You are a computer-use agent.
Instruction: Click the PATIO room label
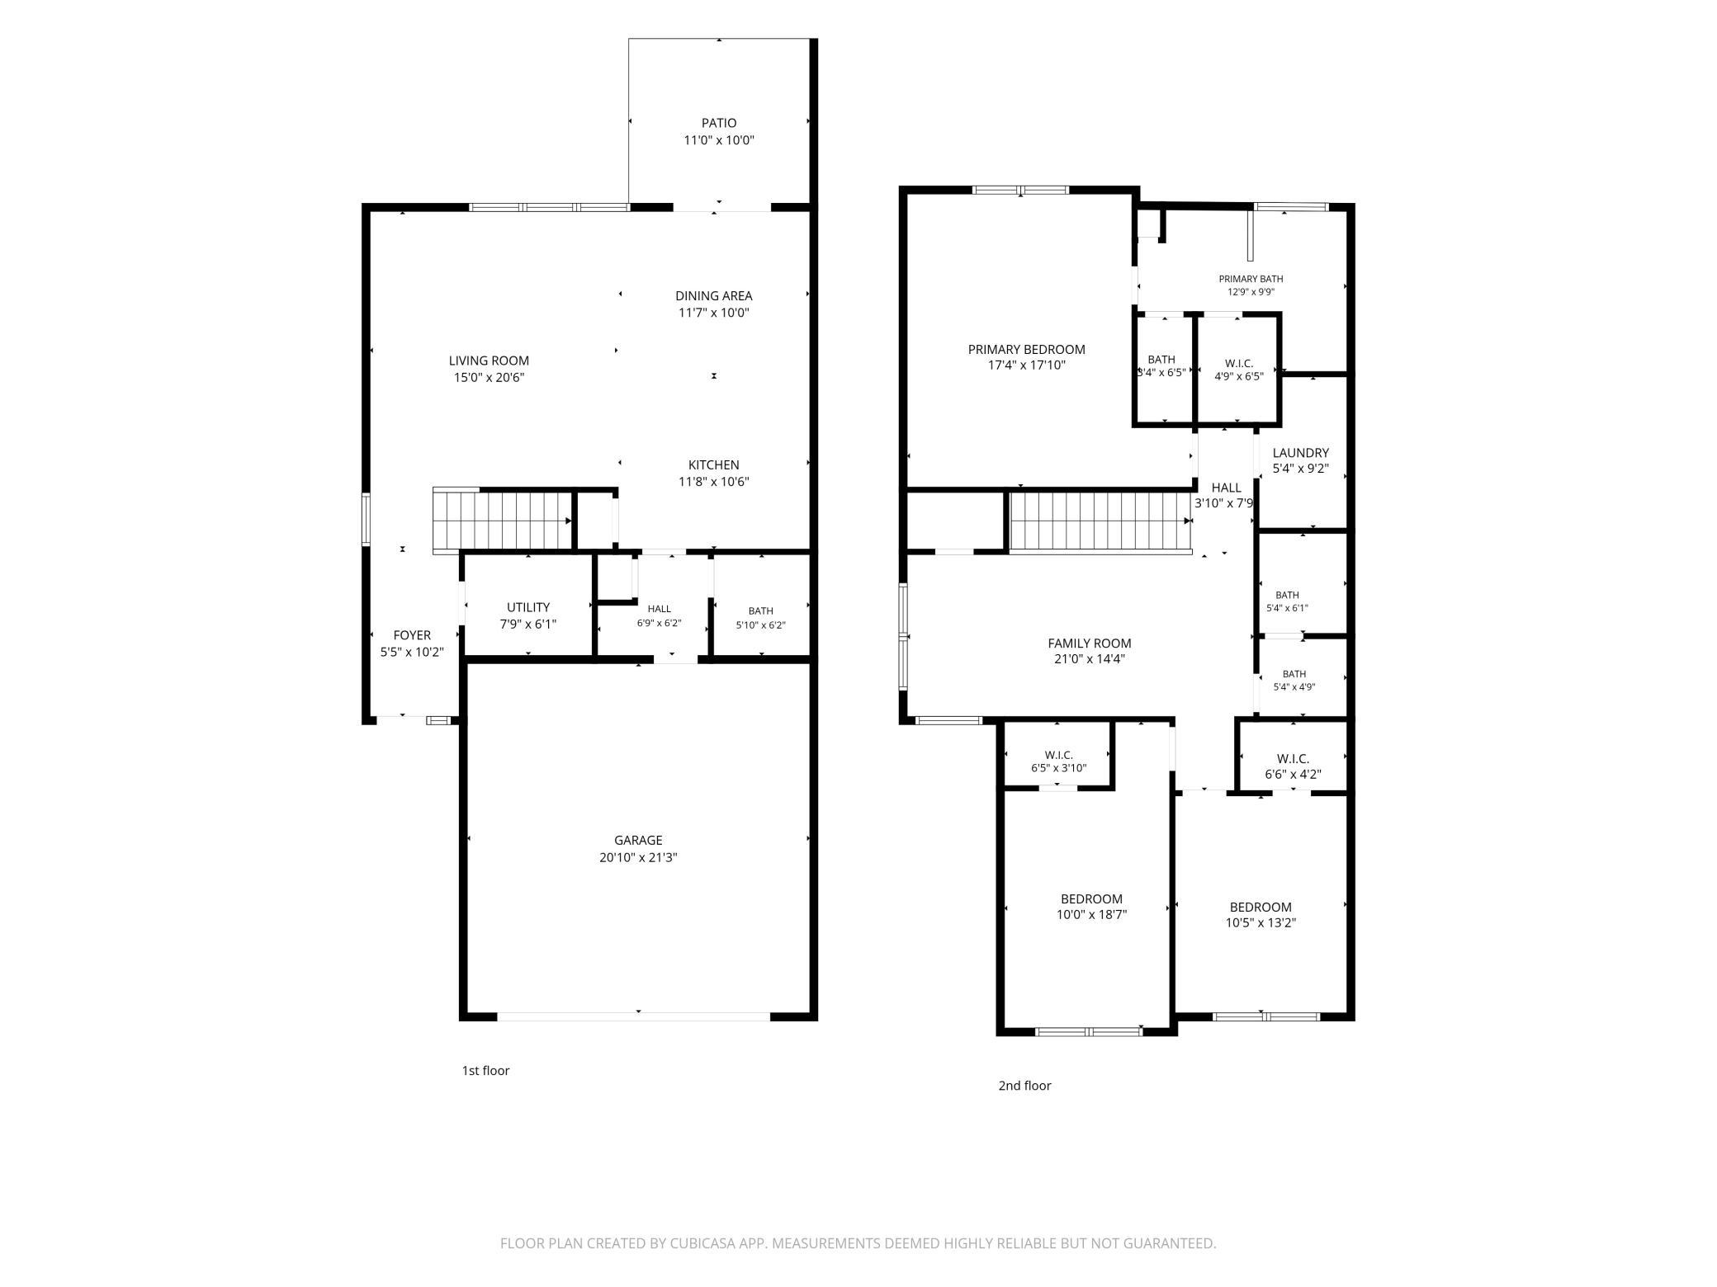click(x=719, y=123)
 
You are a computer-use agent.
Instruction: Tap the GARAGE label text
click(x=638, y=841)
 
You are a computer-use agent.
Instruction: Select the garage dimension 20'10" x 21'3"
click(x=638, y=858)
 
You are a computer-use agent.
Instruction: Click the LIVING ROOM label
click(x=489, y=361)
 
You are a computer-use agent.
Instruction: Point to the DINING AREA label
click(x=714, y=295)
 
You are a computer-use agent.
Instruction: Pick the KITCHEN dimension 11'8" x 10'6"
click(x=714, y=482)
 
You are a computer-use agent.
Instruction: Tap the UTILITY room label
click(x=528, y=607)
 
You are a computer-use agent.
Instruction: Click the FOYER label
click(x=412, y=635)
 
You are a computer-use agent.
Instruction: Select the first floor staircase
click(x=504, y=520)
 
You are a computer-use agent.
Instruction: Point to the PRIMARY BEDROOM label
click(x=1027, y=349)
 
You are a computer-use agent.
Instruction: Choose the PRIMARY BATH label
click(x=1251, y=279)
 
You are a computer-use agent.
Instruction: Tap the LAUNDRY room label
click(x=1301, y=453)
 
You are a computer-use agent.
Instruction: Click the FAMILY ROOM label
click(x=1090, y=643)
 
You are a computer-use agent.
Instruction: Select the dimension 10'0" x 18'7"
click(x=1092, y=914)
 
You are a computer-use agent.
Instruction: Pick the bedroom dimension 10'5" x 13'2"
click(x=1261, y=923)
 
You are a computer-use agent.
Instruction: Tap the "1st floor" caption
click(x=485, y=1071)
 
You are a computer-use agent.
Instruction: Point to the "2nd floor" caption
click(x=1024, y=1086)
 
